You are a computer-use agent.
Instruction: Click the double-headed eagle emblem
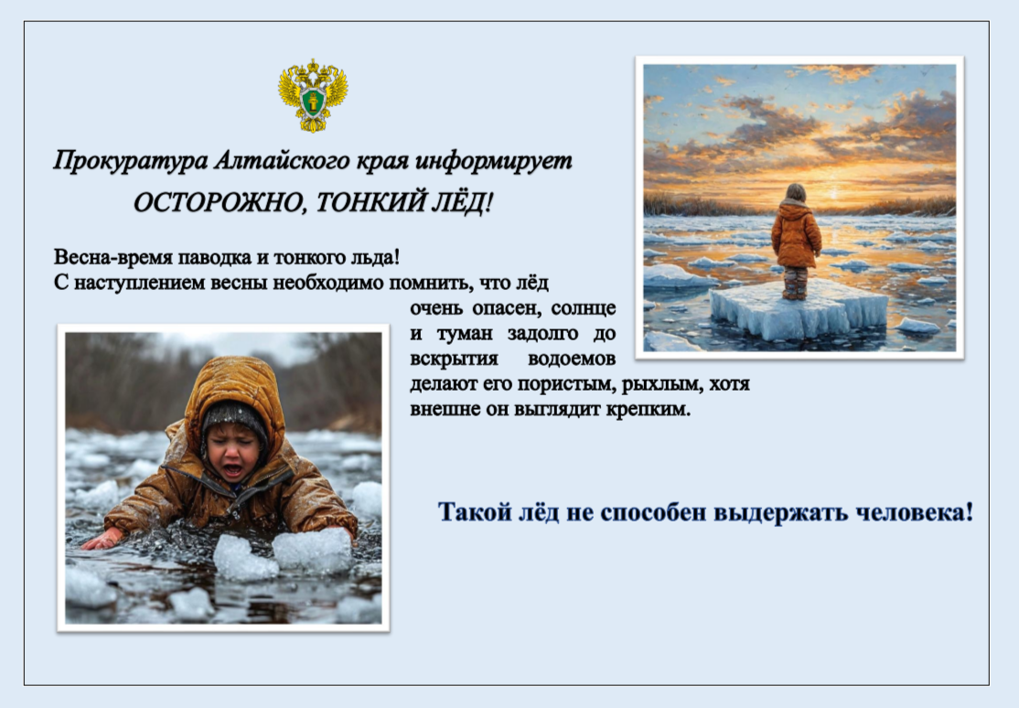click(313, 95)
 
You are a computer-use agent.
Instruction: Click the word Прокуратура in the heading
click(131, 161)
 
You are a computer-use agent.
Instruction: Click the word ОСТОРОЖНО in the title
click(220, 204)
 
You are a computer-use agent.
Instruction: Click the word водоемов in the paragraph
click(571, 359)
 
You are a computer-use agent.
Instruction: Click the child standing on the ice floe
click(796, 241)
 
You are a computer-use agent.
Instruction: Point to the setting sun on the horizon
click(834, 193)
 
